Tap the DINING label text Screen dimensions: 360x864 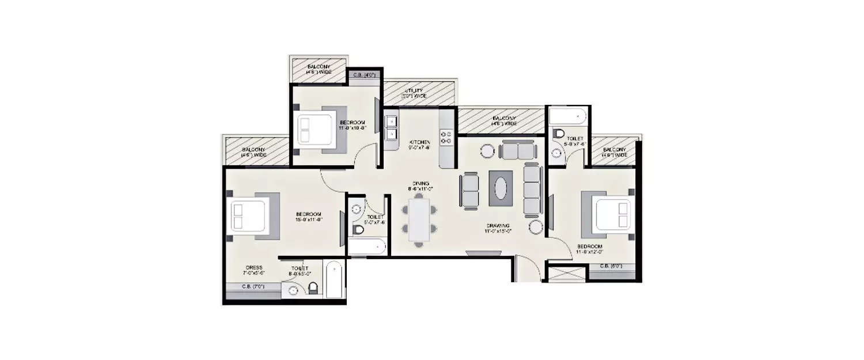pyautogui.click(x=420, y=184)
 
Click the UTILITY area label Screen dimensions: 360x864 pyautogui.click(x=415, y=92)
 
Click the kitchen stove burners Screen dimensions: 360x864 pyautogui.click(x=446, y=137)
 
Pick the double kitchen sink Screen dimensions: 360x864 pyautogui.click(x=391, y=128)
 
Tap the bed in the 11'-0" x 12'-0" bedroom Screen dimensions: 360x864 pyautogui.click(x=610, y=214)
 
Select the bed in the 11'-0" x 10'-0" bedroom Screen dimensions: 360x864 pyautogui.click(x=319, y=130)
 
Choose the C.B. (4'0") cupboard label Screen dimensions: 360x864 pyautogui.click(x=362, y=74)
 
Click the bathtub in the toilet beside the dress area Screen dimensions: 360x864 pyautogui.click(x=334, y=280)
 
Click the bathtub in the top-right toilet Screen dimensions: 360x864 pyautogui.click(x=567, y=117)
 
